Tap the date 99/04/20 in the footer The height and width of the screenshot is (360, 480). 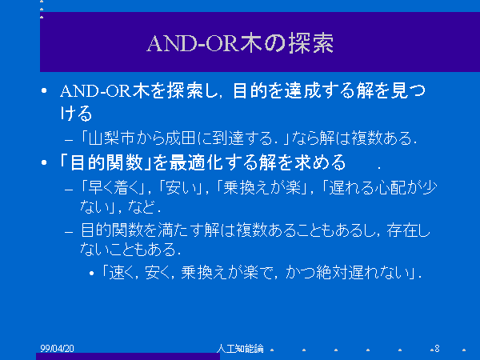coord(58,348)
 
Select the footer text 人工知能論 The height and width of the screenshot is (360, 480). coord(240,348)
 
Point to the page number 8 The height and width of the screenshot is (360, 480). coord(437,348)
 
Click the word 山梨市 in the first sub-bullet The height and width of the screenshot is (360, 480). coord(111,138)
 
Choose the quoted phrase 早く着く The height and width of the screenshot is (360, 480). coord(114,188)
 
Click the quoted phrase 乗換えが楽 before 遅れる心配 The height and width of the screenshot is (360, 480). coord(262,188)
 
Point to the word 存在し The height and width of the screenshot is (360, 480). coord(408,230)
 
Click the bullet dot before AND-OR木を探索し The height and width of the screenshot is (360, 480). coord(44,90)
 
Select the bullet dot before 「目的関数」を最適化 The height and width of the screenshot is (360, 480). coord(44,162)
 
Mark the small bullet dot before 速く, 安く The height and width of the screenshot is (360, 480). coord(91,273)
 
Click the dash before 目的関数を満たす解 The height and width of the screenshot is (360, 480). coord(69,232)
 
